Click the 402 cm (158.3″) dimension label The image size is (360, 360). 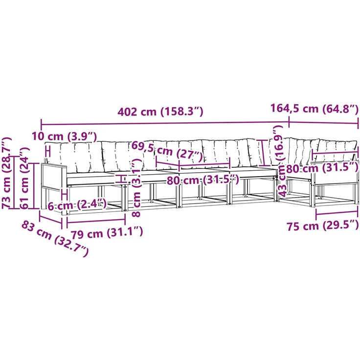(x=160, y=112)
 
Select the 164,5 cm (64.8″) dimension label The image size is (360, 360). (x=315, y=109)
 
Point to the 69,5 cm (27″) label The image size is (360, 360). (x=167, y=150)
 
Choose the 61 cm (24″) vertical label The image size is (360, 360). (x=24, y=178)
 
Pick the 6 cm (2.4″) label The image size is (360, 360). (x=77, y=205)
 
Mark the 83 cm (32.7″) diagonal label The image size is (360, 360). (x=55, y=239)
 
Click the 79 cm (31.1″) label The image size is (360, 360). (x=107, y=233)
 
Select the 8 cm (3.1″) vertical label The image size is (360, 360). (x=137, y=187)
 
